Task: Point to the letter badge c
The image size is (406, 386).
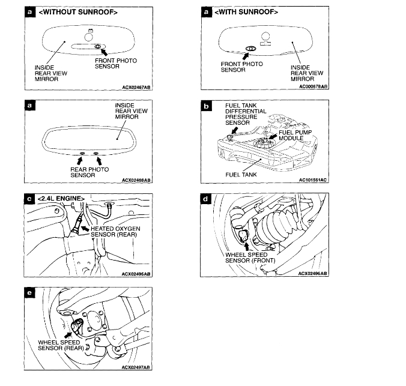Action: (x=28, y=198)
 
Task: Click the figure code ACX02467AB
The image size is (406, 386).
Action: (x=136, y=86)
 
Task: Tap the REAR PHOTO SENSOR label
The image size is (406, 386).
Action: (x=88, y=173)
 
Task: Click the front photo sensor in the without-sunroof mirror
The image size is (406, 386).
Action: (x=97, y=46)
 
